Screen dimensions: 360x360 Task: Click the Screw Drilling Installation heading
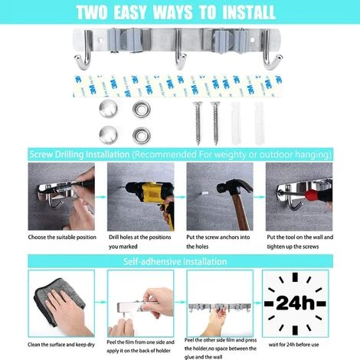[80, 153]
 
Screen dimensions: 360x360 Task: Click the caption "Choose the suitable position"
[64, 237]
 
